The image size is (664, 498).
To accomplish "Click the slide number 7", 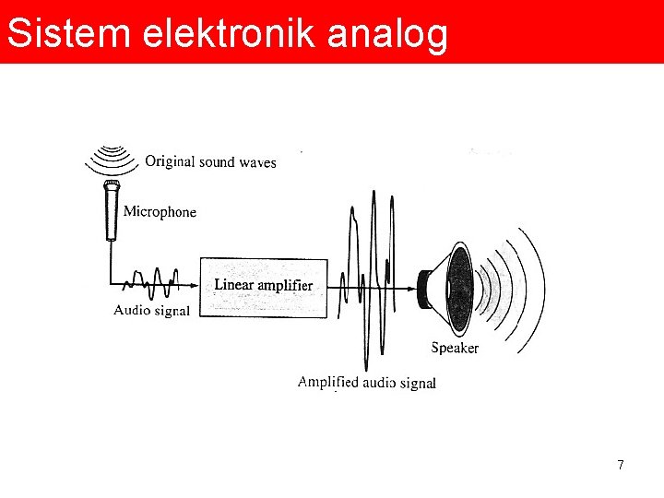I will click(x=621, y=466).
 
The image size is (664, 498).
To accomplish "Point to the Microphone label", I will click(x=160, y=212).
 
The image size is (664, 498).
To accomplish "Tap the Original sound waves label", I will click(x=210, y=162).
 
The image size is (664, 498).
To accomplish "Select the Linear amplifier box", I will click(x=264, y=288).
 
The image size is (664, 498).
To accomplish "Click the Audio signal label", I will click(x=151, y=311).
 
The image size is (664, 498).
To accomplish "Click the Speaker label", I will click(x=455, y=348).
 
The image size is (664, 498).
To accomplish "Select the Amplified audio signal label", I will click(x=366, y=383).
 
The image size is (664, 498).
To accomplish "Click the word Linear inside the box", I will click(x=233, y=285).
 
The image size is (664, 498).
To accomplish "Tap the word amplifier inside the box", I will click(x=285, y=286).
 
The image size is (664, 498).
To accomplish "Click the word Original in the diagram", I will click(x=170, y=162).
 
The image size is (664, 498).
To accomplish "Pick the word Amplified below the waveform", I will click(x=327, y=383).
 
